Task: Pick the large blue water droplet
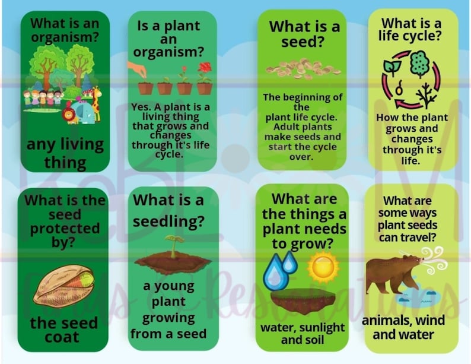coord(275,271)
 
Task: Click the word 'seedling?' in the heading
coord(170,221)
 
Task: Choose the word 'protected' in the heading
coord(65,228)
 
